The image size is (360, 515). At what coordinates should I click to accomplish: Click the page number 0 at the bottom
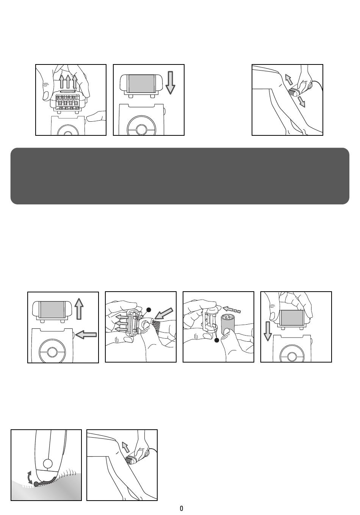[x=181, y=509]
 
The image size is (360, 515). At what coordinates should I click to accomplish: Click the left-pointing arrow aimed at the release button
[x=86, y=334]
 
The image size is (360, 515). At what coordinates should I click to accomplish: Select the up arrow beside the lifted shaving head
[x=79, y=308]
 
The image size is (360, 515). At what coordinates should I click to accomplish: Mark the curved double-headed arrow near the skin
[x=29, y=477]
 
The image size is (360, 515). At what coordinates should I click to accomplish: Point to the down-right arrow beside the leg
[x=301, y=101]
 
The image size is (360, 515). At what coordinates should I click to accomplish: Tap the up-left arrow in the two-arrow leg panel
[x=289, y=80]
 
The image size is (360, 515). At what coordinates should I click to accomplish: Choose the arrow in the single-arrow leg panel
[x=125, y=447]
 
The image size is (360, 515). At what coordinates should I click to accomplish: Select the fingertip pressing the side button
[x=91, y=118]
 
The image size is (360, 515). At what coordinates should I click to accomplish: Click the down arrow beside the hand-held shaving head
[x=268, y=330]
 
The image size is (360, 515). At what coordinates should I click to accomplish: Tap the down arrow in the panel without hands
[x=170, y=82]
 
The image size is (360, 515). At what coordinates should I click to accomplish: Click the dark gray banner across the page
[x=180, y=176]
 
